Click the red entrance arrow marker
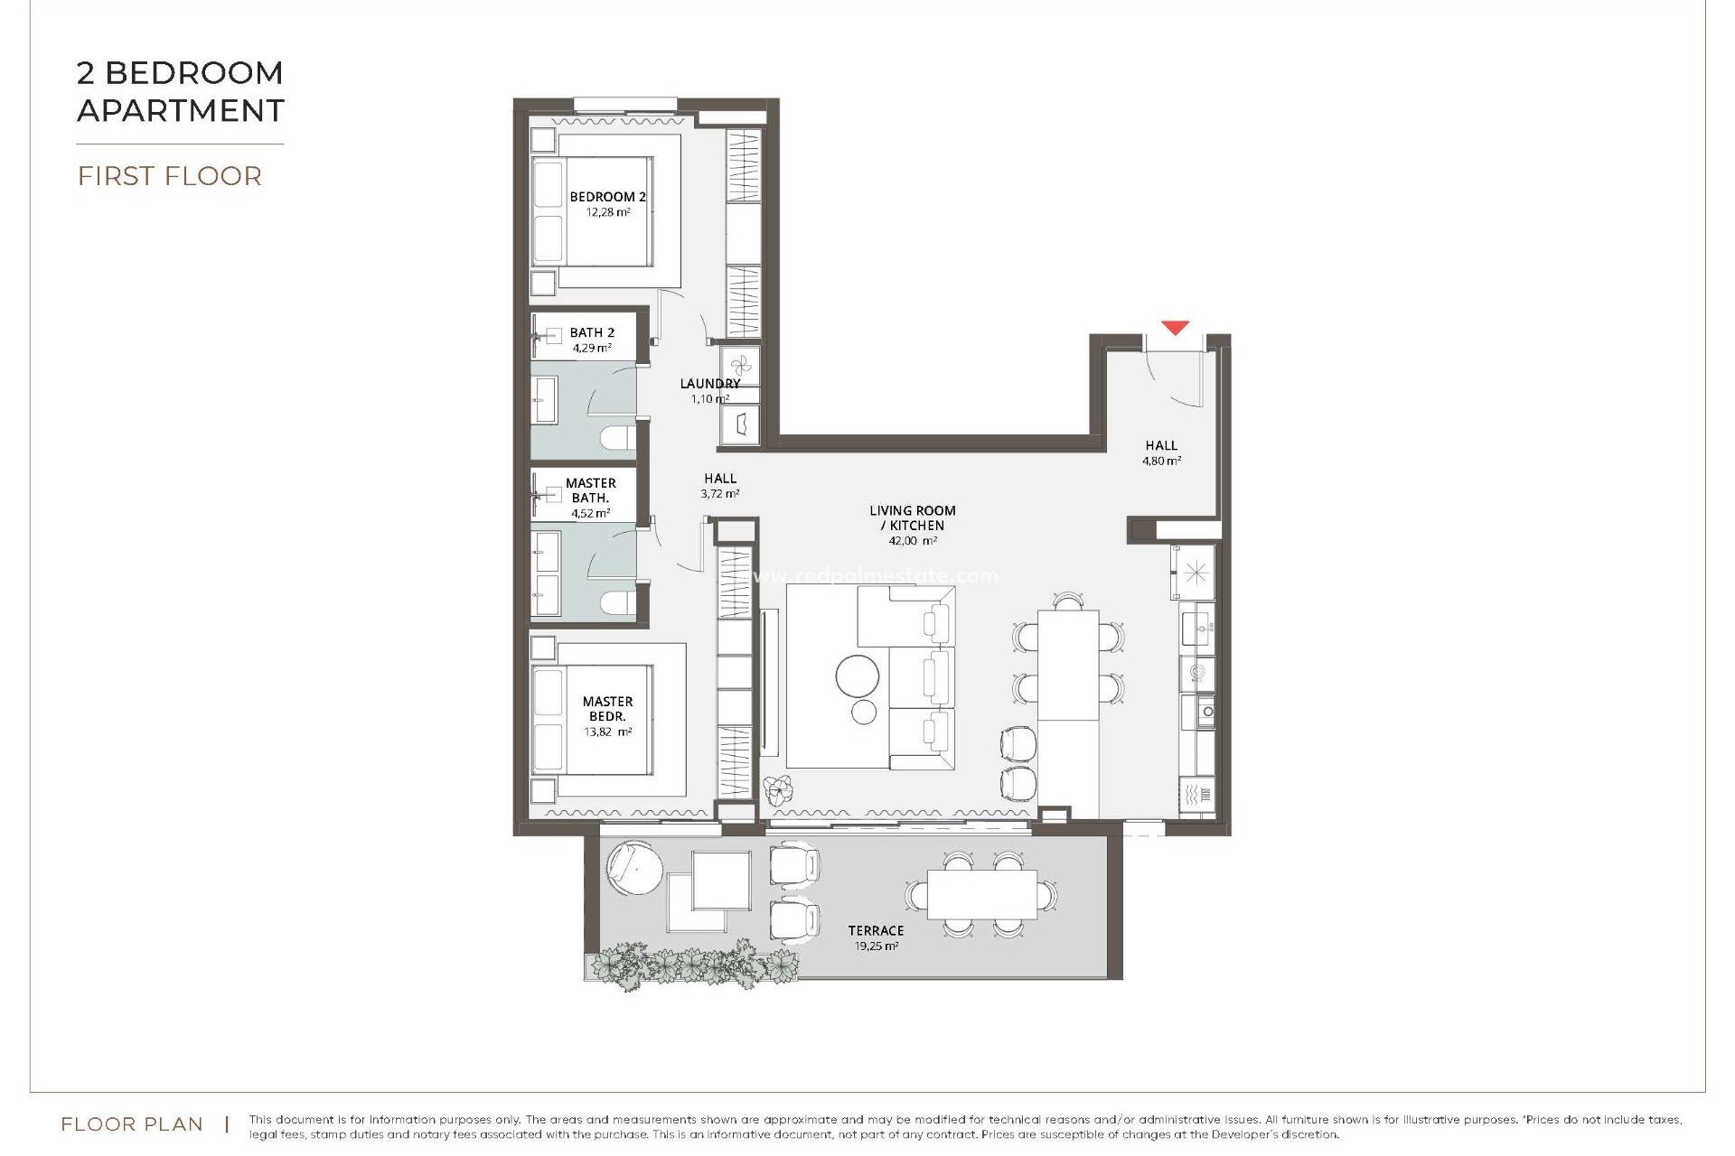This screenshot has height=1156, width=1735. [x=1175, y=328]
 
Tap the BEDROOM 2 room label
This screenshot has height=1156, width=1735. [x=607, y=197]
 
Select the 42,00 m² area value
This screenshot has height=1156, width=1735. [x=912, y=541]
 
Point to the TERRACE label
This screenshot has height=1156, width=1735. [x=876, y=930]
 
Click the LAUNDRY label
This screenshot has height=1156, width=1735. [x=709, y=384]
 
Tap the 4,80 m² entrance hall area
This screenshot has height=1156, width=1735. [x=1161, y=461]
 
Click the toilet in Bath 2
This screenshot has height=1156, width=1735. [x=619, y=438]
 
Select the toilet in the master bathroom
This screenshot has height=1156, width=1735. [x=619, y=602]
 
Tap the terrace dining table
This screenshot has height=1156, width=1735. [x=982, y=893]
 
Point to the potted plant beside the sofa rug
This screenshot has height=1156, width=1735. [x=777, y=790]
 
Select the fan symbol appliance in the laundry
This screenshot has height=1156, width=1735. [x=740, y=365]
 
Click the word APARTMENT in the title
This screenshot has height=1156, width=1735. [x=181, y=110]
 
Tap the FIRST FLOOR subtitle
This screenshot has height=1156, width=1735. [x=170, y=176]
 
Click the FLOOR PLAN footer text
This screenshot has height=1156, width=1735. [x=132, y=1124]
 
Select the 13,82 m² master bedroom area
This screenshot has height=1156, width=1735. [x=607, y=732]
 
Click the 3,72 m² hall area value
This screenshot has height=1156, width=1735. [x=719, y=494]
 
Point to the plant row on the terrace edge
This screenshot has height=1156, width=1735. [x=691, y=966]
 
